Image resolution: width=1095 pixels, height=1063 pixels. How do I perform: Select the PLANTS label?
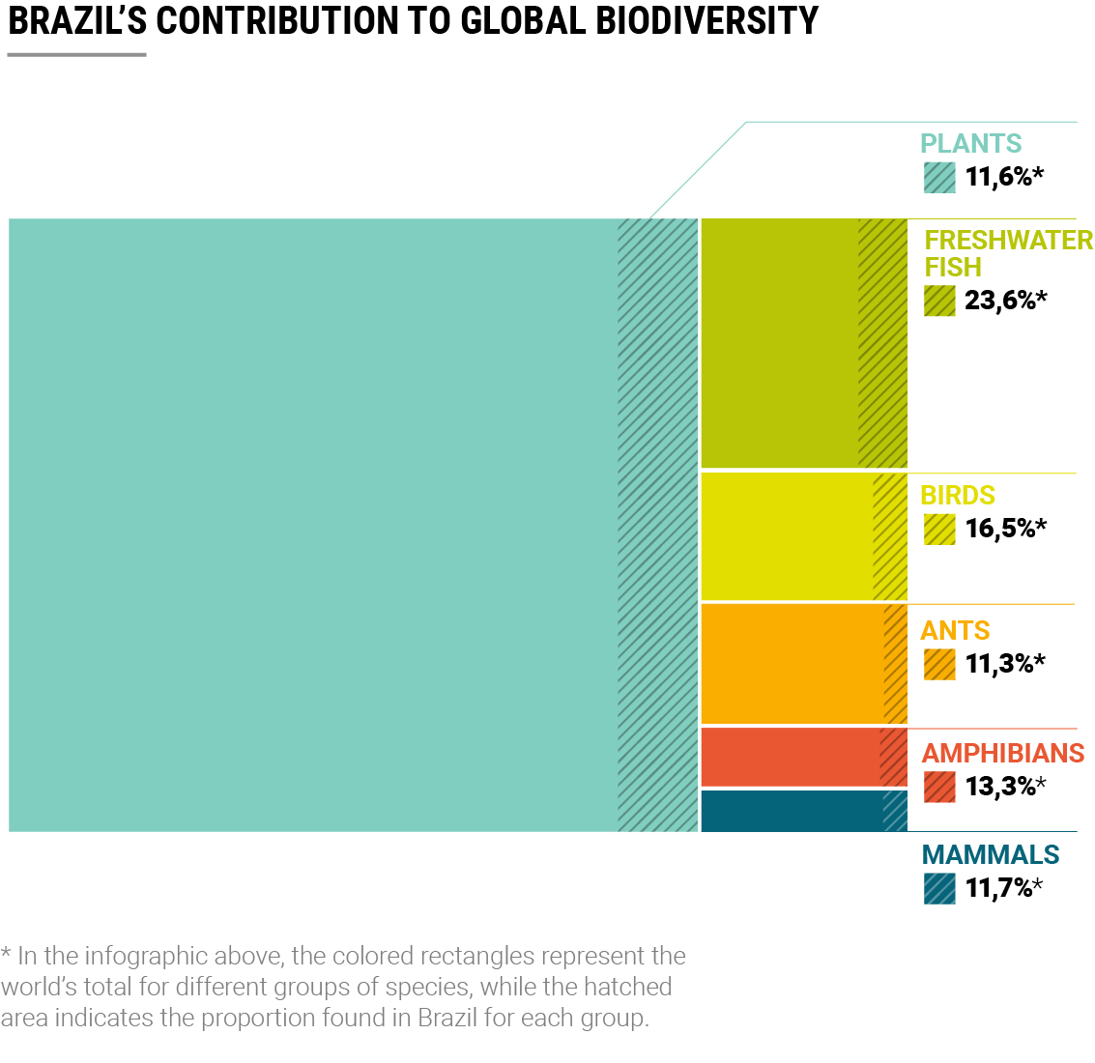970,143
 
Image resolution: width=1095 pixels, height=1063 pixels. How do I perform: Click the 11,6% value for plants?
1003,177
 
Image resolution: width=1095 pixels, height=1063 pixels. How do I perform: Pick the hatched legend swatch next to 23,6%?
939,301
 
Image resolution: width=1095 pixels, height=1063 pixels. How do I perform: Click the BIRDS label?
958,495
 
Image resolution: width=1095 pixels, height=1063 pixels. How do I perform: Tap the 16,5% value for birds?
1005,529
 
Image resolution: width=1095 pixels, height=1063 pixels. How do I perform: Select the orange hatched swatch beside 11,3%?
939,664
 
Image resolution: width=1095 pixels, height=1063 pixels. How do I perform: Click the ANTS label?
955,630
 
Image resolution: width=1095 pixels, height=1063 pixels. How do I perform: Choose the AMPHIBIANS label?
1003,753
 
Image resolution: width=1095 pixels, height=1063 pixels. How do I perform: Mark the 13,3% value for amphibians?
1005,787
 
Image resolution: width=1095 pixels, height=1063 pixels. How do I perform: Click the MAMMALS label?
991,854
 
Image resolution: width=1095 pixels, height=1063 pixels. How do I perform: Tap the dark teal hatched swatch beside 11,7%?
939,888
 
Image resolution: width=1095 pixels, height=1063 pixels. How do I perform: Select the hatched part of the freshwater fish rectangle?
882,343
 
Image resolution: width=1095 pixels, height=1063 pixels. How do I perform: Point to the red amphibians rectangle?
788,757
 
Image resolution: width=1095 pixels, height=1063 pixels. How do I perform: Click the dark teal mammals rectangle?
788,811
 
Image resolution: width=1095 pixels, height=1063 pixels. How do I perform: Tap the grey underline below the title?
76,55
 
